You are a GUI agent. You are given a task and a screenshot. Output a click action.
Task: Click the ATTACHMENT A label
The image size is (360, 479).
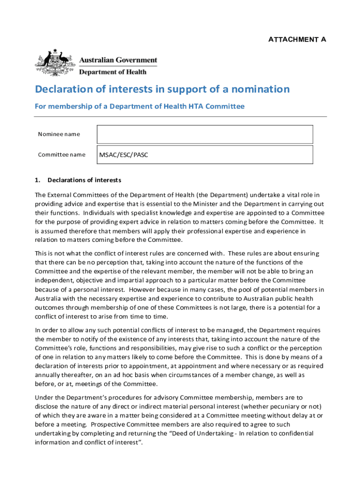pos(297,39)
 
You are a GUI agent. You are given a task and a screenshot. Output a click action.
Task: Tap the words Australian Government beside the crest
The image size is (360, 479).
pos(118,60)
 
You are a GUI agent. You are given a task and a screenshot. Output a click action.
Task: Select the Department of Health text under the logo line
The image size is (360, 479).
pos(112,72)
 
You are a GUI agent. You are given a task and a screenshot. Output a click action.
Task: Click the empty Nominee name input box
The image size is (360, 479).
pos(205,134)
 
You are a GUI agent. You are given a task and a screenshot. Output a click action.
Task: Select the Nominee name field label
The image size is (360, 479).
pos(59,134)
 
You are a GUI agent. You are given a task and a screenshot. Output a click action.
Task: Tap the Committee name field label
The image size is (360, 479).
pos(62,154)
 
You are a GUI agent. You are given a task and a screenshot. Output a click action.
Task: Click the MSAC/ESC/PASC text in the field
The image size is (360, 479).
pos(123,155)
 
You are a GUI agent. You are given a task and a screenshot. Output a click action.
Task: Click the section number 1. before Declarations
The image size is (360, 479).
pos(38,180)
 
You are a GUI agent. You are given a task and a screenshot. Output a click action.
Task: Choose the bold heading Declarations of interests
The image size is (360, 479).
pos(84,180)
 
